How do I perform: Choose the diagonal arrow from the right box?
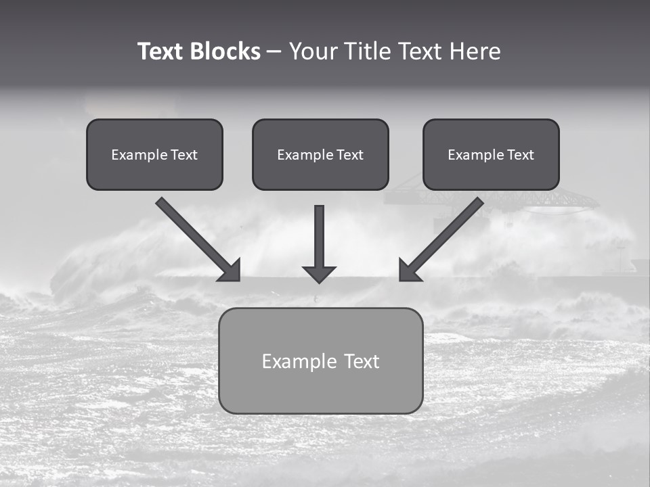click(447, 234)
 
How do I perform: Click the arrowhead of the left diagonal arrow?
click(231, 271)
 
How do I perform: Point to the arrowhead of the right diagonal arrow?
click(409, 271)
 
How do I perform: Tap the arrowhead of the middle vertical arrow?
click(319, 273)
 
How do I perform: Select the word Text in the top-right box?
click(521, 155)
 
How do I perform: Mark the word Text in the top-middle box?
click(350, 155)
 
